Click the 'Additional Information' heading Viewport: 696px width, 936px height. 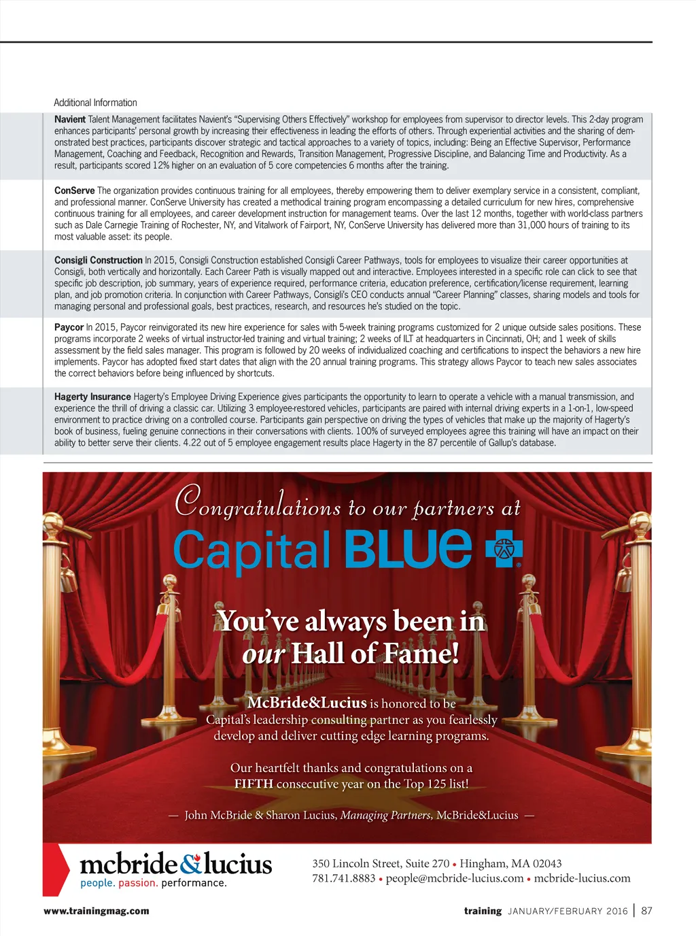point(95,103)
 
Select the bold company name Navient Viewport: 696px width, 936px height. point(70,119)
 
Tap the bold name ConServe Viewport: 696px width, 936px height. point(74,190)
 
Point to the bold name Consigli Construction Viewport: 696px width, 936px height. point(99,260)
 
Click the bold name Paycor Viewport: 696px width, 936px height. point(69,327)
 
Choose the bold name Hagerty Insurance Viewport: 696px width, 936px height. point(92,397)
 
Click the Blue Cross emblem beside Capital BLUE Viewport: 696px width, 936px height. point(504,550)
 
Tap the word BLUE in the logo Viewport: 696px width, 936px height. point(408,550)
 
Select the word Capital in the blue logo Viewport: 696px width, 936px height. point(251,551)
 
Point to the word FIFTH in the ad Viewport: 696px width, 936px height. point(254,784)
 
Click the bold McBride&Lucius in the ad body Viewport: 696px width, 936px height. point(307,703)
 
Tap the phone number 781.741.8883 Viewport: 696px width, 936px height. point(343,878)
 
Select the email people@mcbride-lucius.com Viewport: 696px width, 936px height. point(455,878)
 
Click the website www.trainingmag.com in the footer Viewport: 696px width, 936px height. point(97,911)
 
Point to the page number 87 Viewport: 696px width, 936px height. point(646,911)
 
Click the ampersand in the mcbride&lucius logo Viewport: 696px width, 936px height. point(191,863)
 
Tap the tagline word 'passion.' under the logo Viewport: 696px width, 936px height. point(138,883)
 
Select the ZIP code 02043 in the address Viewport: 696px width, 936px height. point(546,863)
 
